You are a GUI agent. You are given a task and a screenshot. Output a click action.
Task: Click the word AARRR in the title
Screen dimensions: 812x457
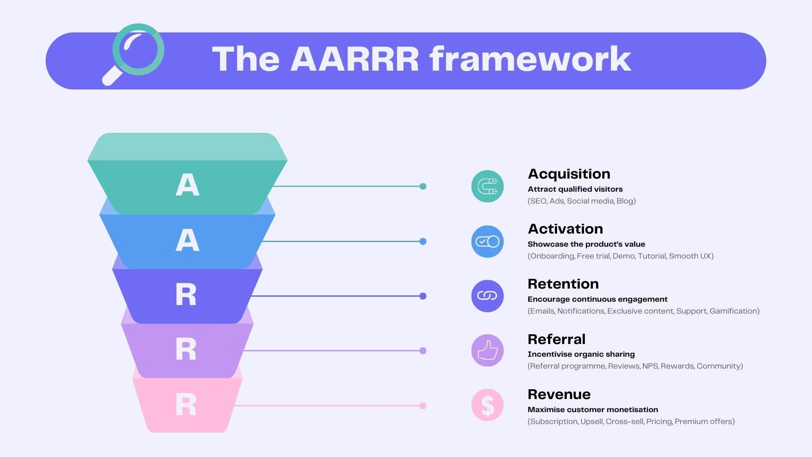[354, 59]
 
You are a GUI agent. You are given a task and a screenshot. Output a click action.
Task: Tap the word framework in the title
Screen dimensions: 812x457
[530, 59]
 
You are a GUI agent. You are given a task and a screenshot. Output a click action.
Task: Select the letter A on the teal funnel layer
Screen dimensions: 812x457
[187, 184]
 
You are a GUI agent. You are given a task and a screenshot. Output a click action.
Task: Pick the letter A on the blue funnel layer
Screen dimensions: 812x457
[187, 240]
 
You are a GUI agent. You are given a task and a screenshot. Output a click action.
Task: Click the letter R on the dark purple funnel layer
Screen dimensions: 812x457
[186, 295]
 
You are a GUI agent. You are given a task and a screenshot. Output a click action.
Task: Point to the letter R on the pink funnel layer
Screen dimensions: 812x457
[186, 405]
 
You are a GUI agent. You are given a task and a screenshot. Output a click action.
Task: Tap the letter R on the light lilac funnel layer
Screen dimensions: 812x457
[186, 349]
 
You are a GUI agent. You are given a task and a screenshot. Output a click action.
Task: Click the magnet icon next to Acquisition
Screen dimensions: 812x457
[488, 186]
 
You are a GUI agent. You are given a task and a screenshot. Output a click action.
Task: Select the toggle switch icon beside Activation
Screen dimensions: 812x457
[488, 241]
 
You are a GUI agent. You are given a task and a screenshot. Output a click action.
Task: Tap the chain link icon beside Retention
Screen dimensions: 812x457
[488, 296]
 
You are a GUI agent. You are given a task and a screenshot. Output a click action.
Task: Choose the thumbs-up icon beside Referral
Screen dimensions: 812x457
[488, 350]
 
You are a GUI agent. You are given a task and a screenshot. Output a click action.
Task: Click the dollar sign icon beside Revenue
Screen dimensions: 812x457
[488, 405]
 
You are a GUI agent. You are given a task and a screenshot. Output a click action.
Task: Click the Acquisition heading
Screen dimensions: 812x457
[569, 174]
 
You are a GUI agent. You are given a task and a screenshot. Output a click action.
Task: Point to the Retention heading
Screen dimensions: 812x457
[563, 284]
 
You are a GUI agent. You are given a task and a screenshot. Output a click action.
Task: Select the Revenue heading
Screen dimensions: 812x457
[559, 394]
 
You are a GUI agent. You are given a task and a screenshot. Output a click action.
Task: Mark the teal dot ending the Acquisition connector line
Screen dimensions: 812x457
[423, 186]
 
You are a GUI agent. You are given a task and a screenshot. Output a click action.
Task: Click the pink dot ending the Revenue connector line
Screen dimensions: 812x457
[423, 406]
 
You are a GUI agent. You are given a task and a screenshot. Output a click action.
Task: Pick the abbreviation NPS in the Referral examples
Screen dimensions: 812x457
[650, 366]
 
